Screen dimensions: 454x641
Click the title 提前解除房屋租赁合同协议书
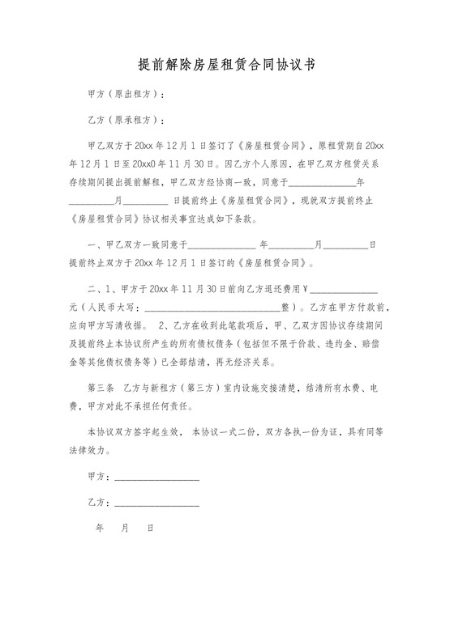pos(226,64)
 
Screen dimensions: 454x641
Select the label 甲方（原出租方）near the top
pos(126,95)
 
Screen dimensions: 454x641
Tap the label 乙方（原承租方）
pos(126,121)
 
